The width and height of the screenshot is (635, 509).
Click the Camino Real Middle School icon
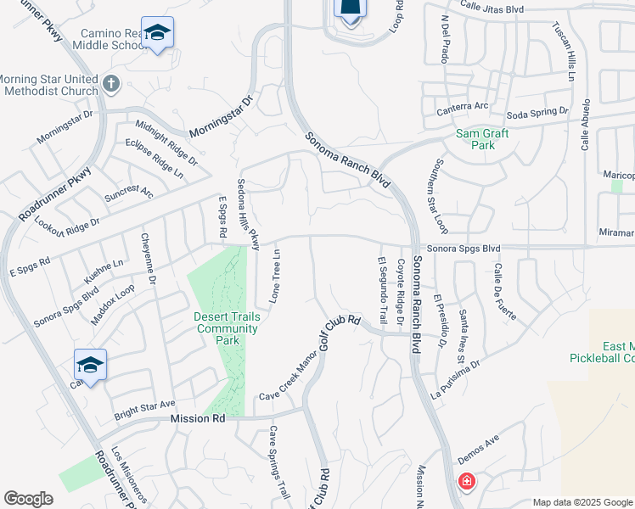[156, 33]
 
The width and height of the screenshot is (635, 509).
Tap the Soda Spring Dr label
[537, 112]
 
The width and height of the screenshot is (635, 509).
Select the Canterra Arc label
[463, 107]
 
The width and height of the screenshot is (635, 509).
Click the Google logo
[29, 499]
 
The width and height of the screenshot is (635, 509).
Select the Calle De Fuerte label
[500, 291]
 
